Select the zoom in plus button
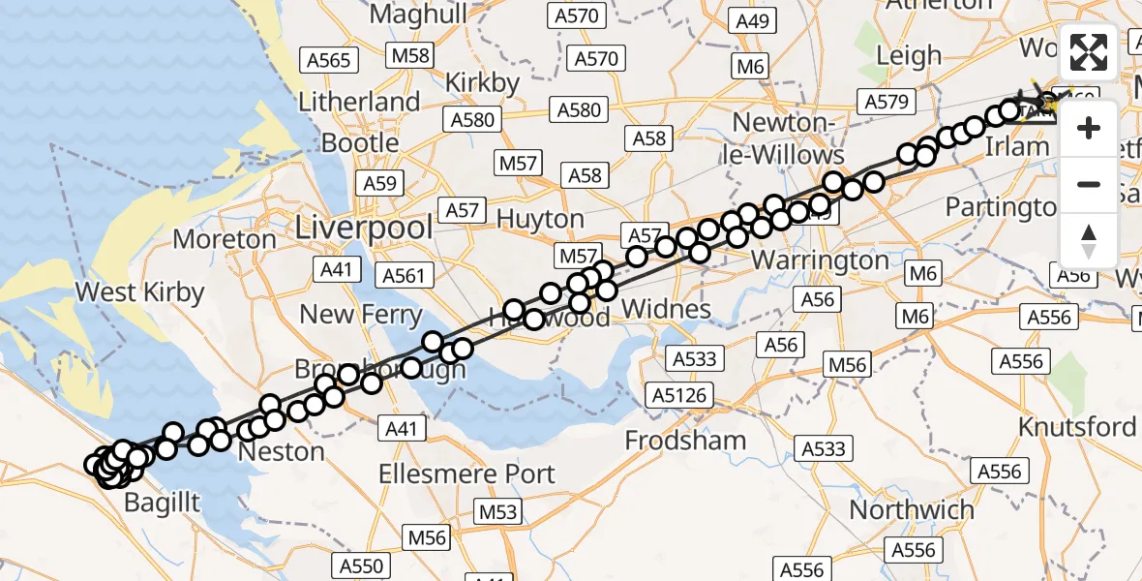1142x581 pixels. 1089,128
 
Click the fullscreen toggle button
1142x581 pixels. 1089,52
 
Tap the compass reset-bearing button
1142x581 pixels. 1089,240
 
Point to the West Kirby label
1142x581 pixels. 139,291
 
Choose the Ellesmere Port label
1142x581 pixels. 467,474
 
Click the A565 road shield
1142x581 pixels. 328,61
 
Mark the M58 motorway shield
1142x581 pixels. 410,55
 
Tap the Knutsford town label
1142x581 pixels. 1077,427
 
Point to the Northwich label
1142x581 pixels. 912,509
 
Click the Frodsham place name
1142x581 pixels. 685,441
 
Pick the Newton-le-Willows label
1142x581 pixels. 788,138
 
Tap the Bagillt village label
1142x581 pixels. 163,502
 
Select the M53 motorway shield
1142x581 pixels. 500,512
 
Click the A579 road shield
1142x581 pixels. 885,102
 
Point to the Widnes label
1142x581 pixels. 666,310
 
